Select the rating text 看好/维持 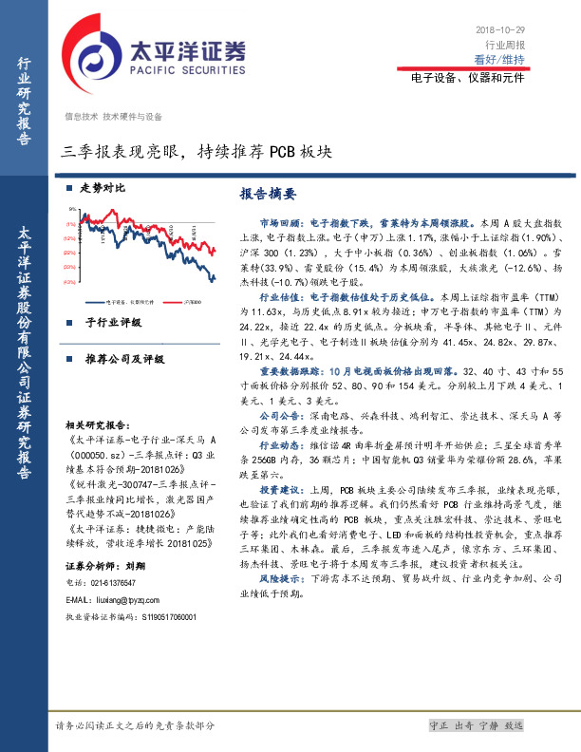pos(499,60)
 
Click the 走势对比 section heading pos(102,188)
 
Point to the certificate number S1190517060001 pos(161,591)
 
